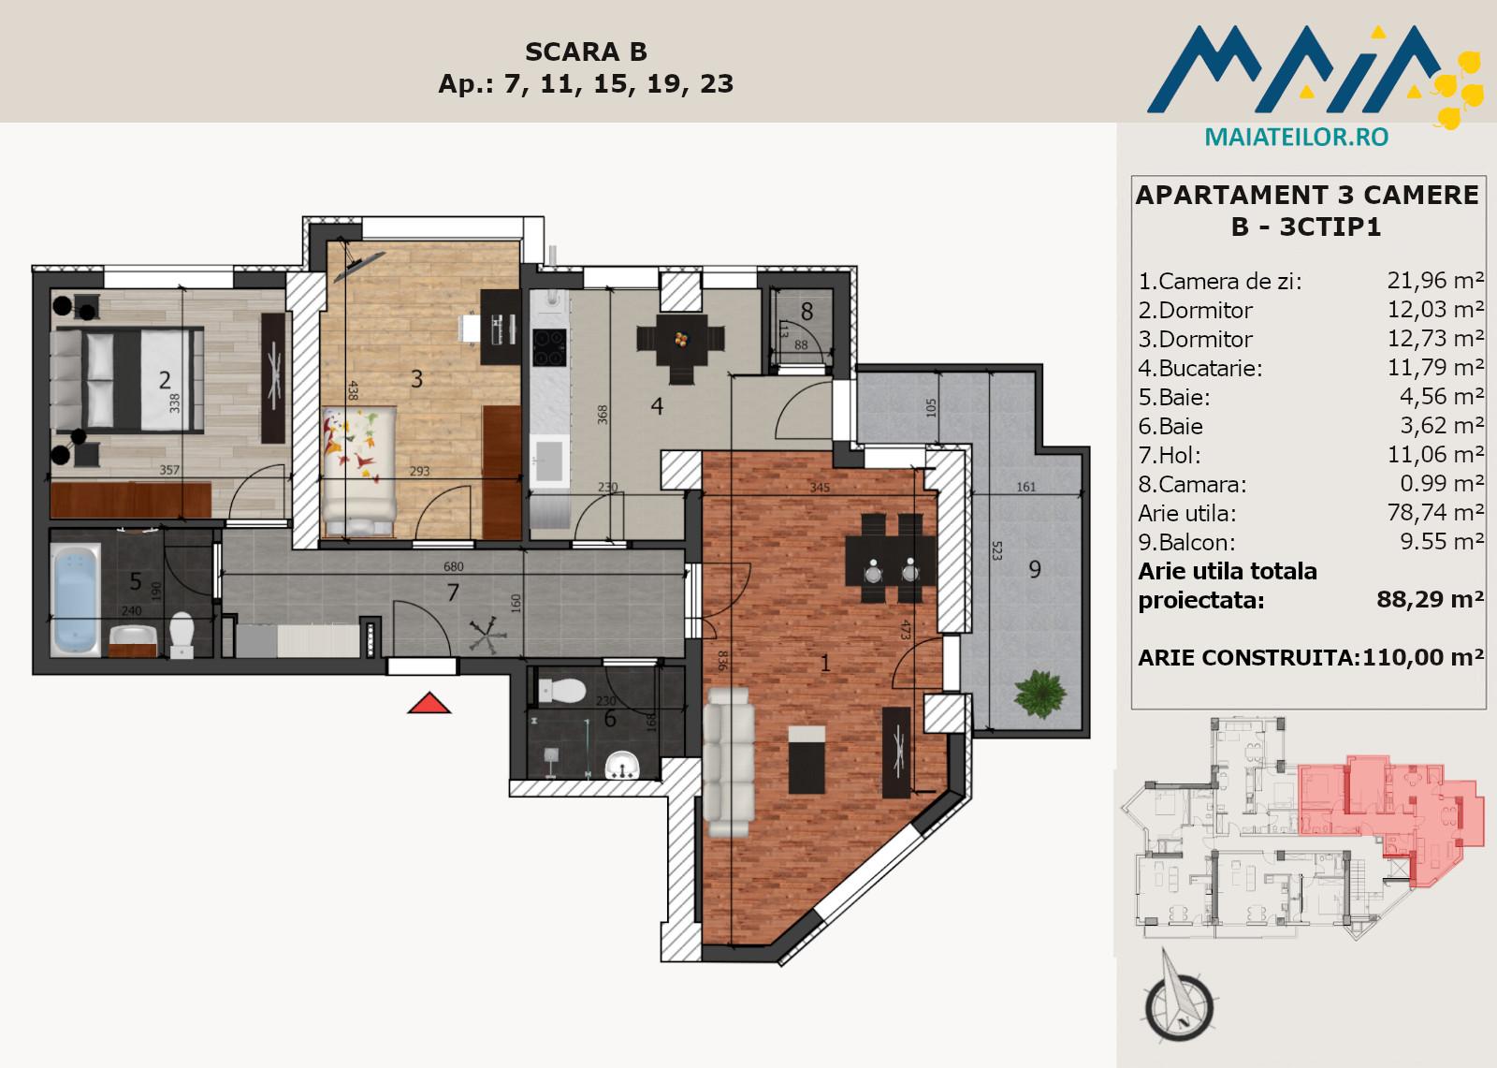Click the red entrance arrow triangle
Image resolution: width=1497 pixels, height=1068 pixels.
click(x=429, y=704)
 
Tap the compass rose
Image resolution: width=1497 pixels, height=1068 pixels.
click(x=1179, y=1002)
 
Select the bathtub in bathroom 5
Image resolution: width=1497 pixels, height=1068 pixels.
click(x=76, y=598)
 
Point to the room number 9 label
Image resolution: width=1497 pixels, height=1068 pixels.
click(x=1035, y=569)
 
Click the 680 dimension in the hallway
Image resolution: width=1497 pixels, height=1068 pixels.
click(x=453, y=566)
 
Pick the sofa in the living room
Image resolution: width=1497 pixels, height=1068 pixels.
click(x=728, y=762)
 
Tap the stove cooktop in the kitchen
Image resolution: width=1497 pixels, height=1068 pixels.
click(x=549, y=348)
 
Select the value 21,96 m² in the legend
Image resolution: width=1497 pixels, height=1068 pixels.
click(x=1435, y=280)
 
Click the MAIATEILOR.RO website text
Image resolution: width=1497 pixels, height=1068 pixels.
click(x=1297, y=137)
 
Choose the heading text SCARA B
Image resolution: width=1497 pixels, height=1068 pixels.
click(x=586, y=51)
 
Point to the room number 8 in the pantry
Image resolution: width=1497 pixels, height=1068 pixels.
click(x=807, y=312)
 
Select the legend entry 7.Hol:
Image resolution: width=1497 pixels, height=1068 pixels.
click(x=1170, y=456)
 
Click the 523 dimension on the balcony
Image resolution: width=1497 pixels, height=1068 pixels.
click(x=996, y=550)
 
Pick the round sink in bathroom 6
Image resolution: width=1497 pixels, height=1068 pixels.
click(x=622, y=765)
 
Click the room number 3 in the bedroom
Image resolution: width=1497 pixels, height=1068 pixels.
click(x=417, y=379)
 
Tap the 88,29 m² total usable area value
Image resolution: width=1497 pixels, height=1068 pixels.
click(x=1431, y=599)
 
